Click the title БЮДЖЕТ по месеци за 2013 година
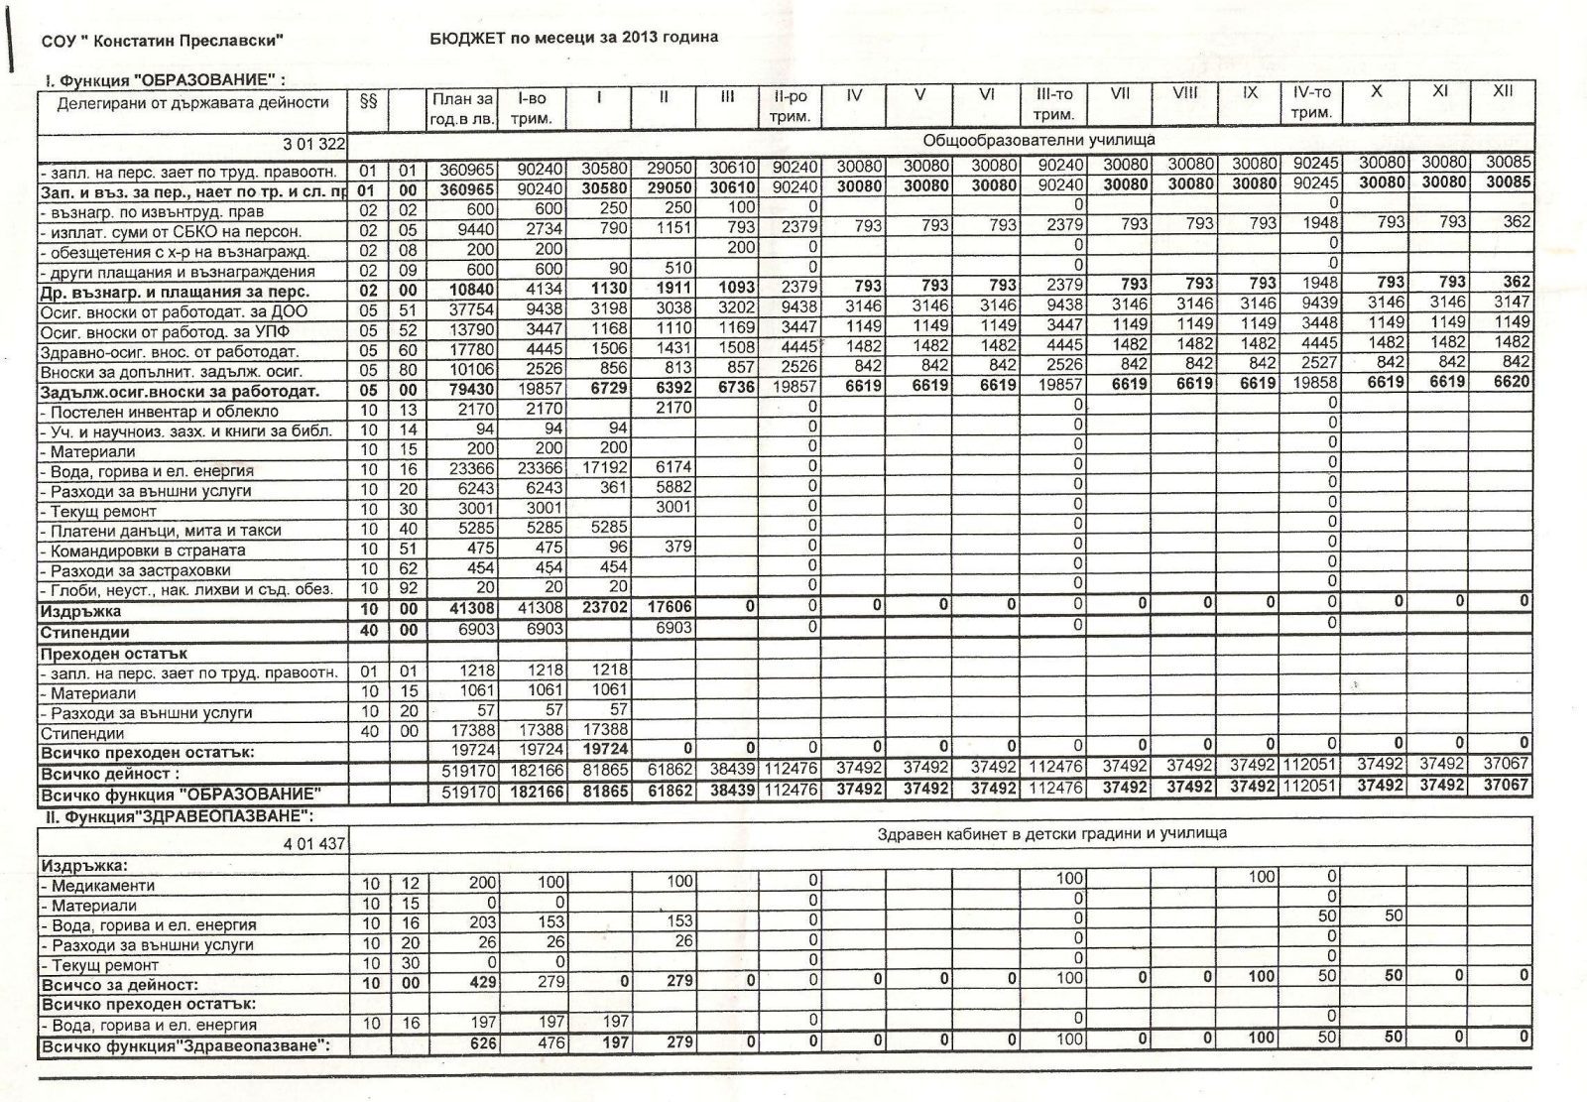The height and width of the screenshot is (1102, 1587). point(574,37)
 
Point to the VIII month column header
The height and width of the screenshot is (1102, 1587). point(1184,92)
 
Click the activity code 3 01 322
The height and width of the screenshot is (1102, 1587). point(313,144)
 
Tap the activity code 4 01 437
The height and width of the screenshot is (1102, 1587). point(313,843)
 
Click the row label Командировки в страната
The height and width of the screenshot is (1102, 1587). point(162,551)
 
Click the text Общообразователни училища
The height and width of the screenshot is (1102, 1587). point(1038,140)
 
